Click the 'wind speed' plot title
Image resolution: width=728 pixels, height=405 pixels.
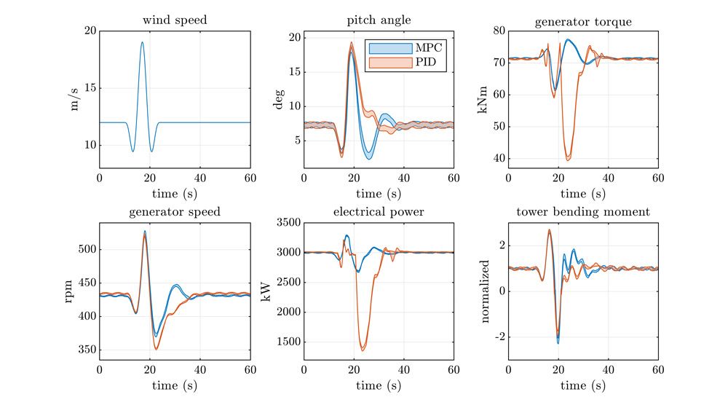click(x=175, y=20)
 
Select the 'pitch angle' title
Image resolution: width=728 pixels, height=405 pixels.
click(x=379, y=20)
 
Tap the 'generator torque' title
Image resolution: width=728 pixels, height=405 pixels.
click(x=582, y=21)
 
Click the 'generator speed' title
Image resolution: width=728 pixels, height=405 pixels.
click(x=175, y=213)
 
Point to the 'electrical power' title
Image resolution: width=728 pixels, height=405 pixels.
click(x=379, y=213)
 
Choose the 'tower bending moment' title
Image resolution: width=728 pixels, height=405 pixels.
click(x=582, y=213)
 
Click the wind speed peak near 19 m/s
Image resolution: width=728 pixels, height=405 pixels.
click(x=142, y=42)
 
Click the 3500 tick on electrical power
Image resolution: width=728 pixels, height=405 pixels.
click(x=287, y=223)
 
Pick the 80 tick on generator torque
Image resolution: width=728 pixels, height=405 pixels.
click(x=499, y=31)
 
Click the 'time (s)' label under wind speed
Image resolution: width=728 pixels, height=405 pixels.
click(x=175, y=193)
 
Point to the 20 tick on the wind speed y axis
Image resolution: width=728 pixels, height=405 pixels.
click(x=90, y=31)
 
